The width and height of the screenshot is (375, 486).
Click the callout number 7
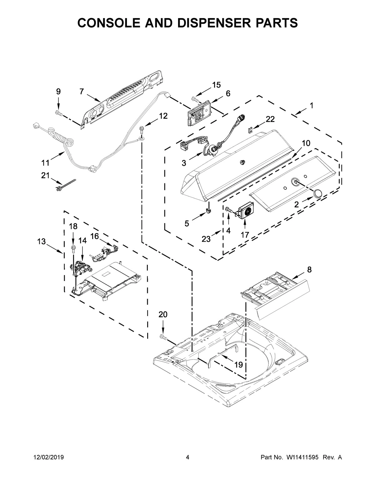pos(82,92)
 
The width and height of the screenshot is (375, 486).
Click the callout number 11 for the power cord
pos(46,163)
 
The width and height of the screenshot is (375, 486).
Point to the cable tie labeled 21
pos(66,185)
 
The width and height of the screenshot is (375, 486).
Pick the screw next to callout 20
pos(163,337)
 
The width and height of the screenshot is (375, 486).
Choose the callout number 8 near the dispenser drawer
pos(309,270)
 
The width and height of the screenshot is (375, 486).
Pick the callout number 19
pos(238,365)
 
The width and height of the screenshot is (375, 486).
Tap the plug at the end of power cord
pos(37,127)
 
